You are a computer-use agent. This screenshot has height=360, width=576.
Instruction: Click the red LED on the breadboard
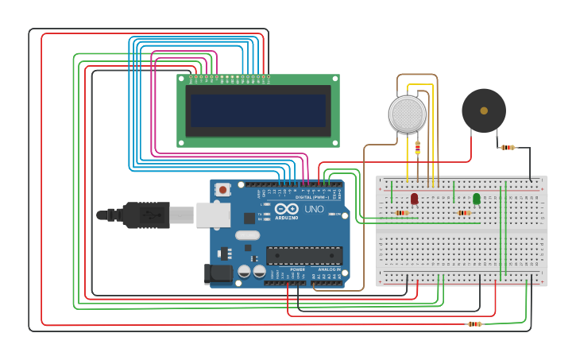pyautogui.click(x=415, y=198)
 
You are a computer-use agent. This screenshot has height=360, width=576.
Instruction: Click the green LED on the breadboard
pyautogui.click(x=477, y=198)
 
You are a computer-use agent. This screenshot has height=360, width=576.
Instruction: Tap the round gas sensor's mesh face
pyautogui.click(x=408, y=114)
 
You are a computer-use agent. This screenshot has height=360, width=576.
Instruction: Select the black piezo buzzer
pyautogui.click(x=484, y=110)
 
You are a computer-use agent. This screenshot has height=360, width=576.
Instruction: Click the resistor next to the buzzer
pyautogui.click(x=507, y=147)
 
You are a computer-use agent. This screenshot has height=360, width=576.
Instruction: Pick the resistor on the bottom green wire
pyautogui.click(x=475, y=323)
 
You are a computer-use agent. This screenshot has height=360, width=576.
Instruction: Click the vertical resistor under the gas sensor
pyautogui.click(x=418, y=147)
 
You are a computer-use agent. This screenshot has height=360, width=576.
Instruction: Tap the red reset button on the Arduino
pyautogui.click(x=223, y=190)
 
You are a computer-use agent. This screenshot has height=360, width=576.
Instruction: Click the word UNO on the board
pyautogui.click(x=314, y=208)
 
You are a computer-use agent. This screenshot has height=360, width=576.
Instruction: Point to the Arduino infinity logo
pyautogui.click(x=286, y=208)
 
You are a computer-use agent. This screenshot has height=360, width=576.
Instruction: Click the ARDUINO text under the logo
pyautogui.click(x=287, y=217)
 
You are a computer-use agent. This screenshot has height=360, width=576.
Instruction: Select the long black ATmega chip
pyautogui.click(x=304, y=255)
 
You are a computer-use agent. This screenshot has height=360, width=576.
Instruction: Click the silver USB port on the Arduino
pyautogui.click(x=213, y=215)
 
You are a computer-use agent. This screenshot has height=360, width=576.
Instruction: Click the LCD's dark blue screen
pyautogui.click(x=257, y=110)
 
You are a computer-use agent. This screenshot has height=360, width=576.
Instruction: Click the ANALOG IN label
pyautogui.click(x=329, y=269)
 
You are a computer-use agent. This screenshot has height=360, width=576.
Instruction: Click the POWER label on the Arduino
pyautogui.click(x=297, y=269)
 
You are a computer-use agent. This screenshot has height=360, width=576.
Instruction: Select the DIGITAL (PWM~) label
pyautogui.click(x=315, y=197)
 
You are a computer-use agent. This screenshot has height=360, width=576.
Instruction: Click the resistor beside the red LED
pyautogui.click(x=402, y=212)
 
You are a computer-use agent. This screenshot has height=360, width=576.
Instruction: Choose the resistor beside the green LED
pyautogui.click(x=464, y=212)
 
